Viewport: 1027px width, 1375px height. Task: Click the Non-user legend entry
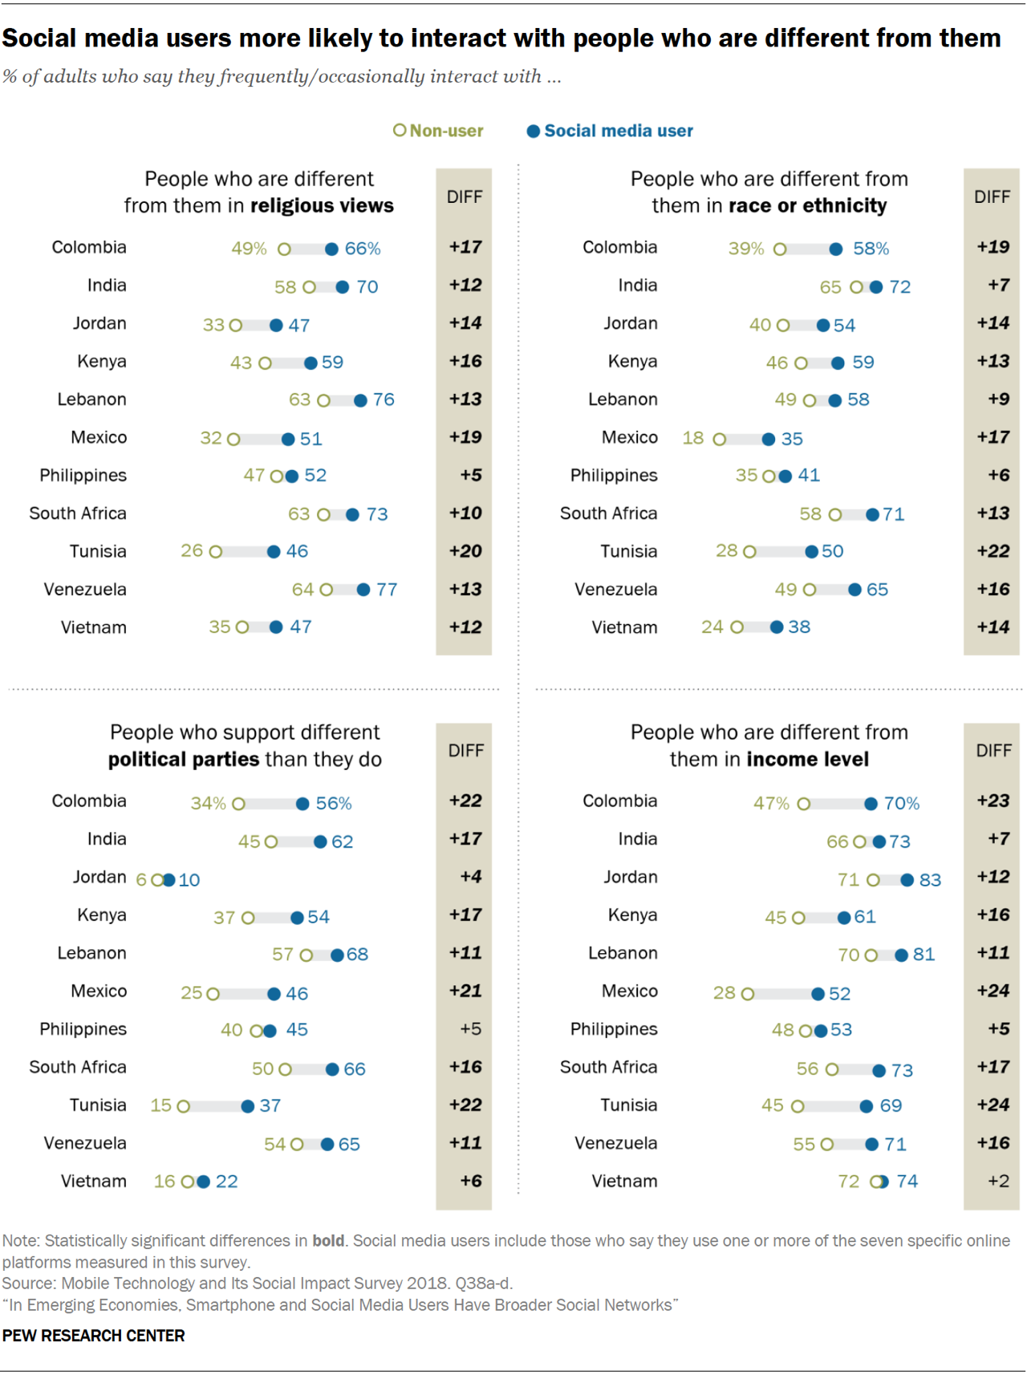(x=438, y=131)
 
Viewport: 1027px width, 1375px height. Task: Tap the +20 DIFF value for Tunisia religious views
(x=465, y=551)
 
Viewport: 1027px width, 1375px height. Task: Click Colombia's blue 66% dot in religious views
(x=331, y=249)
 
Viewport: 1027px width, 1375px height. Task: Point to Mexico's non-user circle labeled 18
(x=720, y=439)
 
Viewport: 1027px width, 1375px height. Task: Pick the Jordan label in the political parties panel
(x=99, y=877)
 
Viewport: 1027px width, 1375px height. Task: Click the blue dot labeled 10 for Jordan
(x=168, y=880)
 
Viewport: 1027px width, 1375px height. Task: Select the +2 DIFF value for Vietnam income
(x=998, y=1181)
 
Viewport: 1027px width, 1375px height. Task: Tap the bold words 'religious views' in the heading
(x=322, y=206)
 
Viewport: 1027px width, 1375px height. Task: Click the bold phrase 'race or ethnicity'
(x=808, y=206)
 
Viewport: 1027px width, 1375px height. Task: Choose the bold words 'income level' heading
(x=807, y=760)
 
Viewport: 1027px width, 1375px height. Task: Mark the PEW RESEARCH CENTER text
(x=94, y=1336)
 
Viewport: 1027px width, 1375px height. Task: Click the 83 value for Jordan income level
(x=930, y=880)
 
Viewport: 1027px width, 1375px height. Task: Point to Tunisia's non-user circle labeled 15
(x=183, y=1106)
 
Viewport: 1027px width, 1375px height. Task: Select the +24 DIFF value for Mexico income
(x=993, y=991)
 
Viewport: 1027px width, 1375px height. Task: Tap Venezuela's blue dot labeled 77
(x=363, y=590)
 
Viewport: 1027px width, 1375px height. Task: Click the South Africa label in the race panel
(x=608, y=513)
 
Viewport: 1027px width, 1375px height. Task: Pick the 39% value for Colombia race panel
(x=745, y=249)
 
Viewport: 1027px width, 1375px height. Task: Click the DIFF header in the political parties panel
(x=465, y=751)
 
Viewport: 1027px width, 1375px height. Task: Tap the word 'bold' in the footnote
(x=328, y=1241)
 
